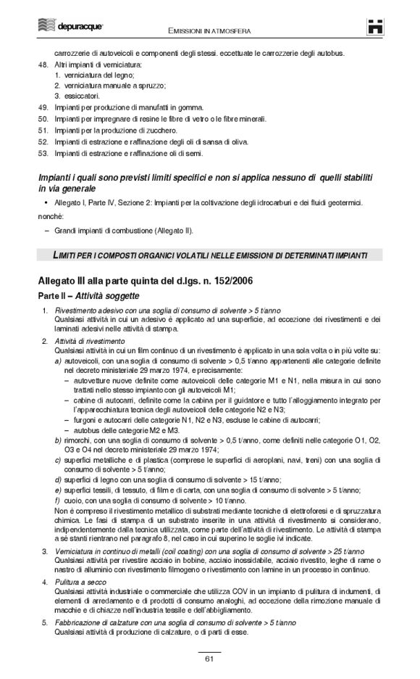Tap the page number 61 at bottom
[x=209, y=659]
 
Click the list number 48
[x=42, y=65]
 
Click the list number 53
[x=42, y=153]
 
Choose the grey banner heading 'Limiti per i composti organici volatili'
[x=209, y=255]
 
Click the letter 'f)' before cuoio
[x=57, y=501]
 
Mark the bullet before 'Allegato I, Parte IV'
[x=46, y=202]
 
